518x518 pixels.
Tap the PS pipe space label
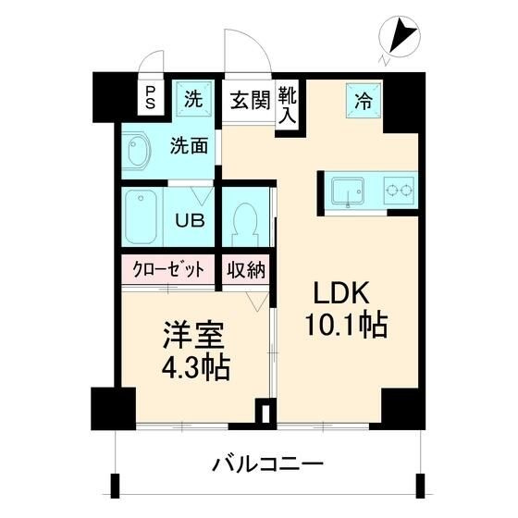point(150,98)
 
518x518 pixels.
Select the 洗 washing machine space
point(192,98)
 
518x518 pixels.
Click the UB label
point(191,222)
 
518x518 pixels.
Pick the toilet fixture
point(246,222)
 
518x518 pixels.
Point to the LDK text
point(341,295)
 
